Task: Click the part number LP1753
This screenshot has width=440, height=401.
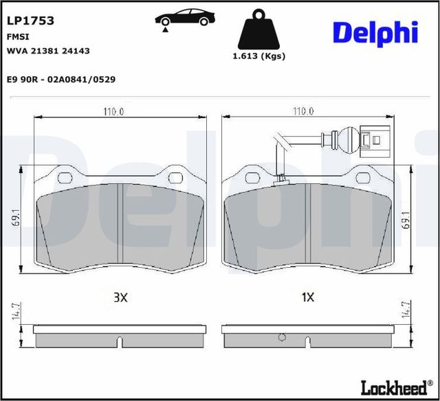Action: pos(30,21)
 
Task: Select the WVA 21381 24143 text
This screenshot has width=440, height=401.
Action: pos(48,51)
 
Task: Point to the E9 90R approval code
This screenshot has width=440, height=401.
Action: pos(60,80)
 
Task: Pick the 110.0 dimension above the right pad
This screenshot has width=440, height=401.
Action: pos(302,111)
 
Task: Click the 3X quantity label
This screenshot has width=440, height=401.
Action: pos(120,297)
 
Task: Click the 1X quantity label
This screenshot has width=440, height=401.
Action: pos(308,297)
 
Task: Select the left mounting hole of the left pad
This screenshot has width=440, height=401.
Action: pos(67,179)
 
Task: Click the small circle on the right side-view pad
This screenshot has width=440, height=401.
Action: pos(282,337)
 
